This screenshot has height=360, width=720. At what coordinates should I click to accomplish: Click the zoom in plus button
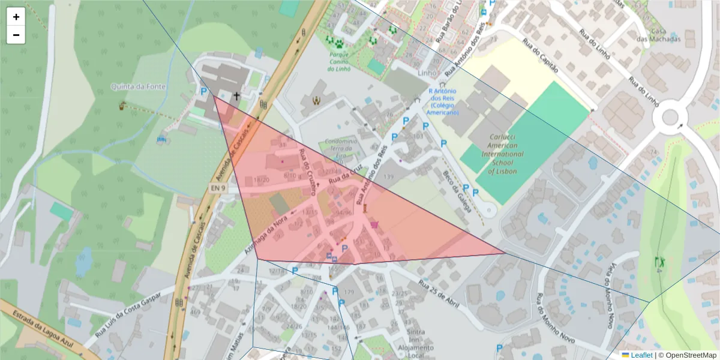pos(16,17)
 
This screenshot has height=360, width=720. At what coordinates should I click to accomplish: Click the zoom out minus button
pos(16,35)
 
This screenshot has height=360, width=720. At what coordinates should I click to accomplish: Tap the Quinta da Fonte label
pos(133,86)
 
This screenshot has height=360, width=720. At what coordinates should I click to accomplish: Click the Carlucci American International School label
pos(502,154)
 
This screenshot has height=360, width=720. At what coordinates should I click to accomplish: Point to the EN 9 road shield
pos(218,188)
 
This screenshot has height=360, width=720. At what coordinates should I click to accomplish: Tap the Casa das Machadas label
pos(665,35)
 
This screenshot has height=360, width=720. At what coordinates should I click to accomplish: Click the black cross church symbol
pos(236,95)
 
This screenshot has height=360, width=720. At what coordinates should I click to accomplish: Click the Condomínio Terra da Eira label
pos(341,148)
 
